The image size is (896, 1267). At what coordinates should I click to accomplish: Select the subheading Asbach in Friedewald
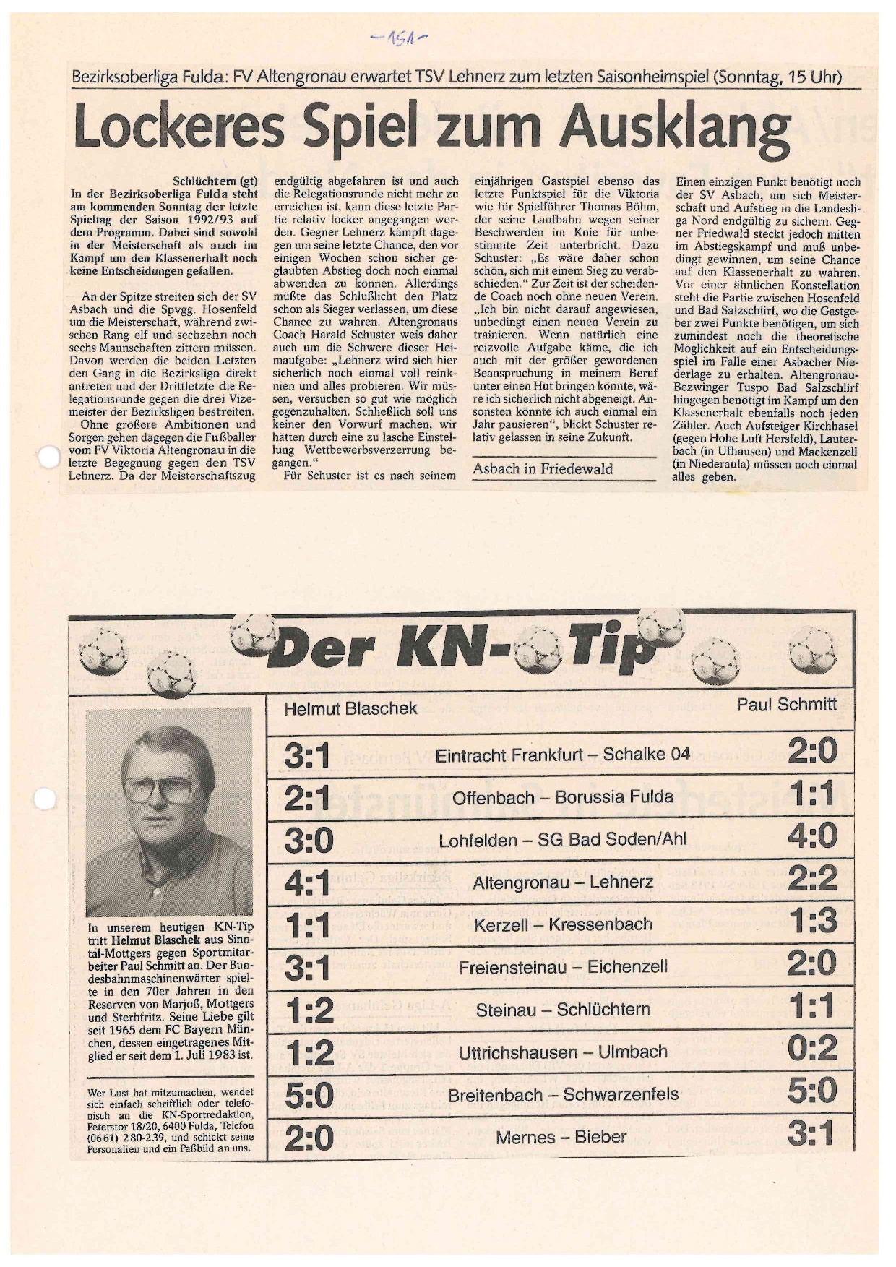click(543, 469)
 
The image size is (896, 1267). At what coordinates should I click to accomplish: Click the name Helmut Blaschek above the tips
click(350, 708)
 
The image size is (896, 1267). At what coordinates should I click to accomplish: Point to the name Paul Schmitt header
click(786, 704)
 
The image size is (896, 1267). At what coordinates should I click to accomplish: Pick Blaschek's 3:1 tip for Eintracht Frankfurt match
click(307, 756)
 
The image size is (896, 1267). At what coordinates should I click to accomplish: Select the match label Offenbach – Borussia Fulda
click(563, 797)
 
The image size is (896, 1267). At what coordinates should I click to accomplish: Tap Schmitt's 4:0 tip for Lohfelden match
click(812, 836)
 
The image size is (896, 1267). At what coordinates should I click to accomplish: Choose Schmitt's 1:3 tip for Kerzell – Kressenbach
click(813, 921)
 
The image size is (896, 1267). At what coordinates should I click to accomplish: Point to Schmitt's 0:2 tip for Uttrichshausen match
click(812, 1048)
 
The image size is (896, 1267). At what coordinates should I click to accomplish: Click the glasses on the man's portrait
click(160, 791)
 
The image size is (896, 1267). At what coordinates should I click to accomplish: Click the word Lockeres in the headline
click(181, 127)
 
